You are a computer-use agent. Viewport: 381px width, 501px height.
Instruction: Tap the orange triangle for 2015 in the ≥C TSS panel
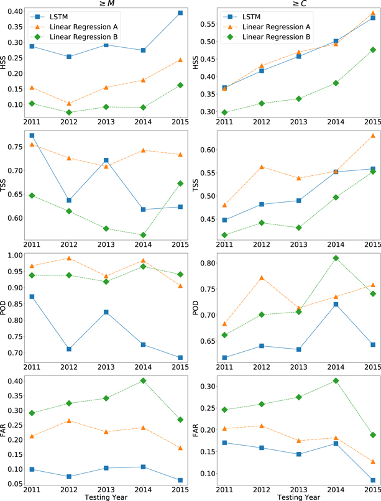373,136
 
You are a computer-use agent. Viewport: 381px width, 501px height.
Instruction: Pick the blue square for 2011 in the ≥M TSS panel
32,136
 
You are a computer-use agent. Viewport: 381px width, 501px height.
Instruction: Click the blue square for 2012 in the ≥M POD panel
69,349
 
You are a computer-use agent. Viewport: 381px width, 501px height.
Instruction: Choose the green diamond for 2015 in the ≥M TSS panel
179,183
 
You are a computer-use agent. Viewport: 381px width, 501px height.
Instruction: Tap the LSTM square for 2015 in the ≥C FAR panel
373,480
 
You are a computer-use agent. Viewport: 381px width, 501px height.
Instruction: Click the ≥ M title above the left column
105,4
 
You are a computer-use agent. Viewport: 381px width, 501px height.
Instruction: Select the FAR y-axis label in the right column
199,428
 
